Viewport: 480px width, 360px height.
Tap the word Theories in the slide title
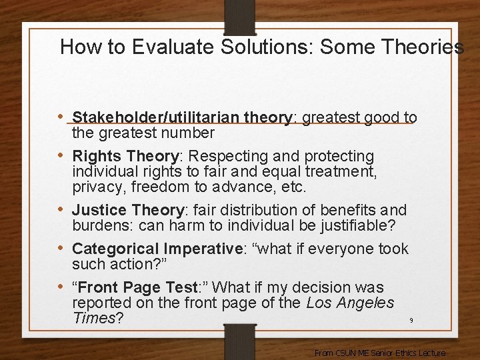423,47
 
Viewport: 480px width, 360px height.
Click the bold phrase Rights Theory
125,157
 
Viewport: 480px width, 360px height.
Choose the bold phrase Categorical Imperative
157,249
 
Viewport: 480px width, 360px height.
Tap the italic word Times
93,318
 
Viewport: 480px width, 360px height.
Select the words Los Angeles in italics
351,303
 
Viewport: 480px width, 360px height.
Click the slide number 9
411,321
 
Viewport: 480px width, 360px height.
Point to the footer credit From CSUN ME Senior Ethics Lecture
380,353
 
